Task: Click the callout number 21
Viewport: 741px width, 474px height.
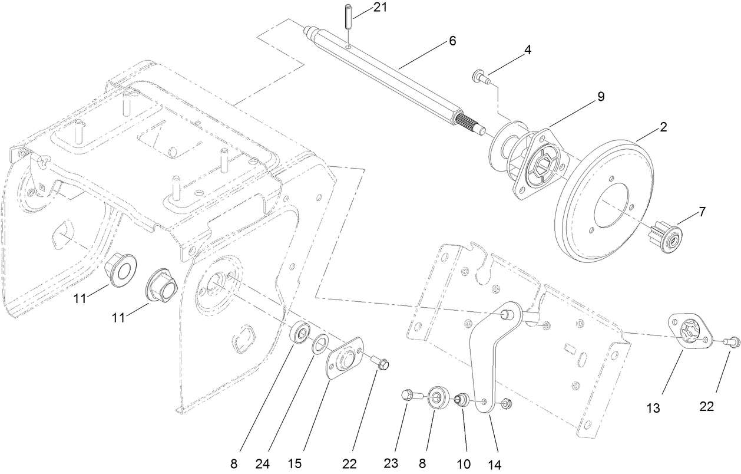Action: (381, 8)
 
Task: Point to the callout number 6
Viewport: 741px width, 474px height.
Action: (452, 41)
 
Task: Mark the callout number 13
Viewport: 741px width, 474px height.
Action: (654, 407)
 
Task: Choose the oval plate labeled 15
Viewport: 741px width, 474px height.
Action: (344, 359)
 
